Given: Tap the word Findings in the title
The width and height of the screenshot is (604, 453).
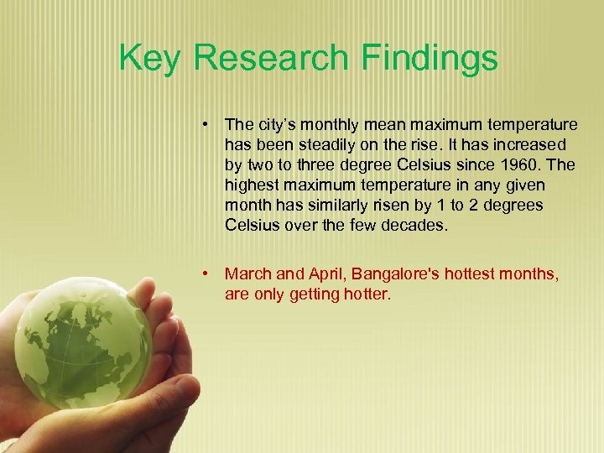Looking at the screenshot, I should pos(430,59).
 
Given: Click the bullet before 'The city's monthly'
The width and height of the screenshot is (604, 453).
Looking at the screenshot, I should pos(206,125).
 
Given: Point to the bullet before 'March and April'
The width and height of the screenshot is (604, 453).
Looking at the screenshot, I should pos(206,274).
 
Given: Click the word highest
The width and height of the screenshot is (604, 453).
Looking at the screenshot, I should pos(252,185).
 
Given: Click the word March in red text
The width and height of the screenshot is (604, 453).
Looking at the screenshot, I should pos(248,274).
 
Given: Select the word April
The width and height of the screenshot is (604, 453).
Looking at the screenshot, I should pos(325,274).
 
